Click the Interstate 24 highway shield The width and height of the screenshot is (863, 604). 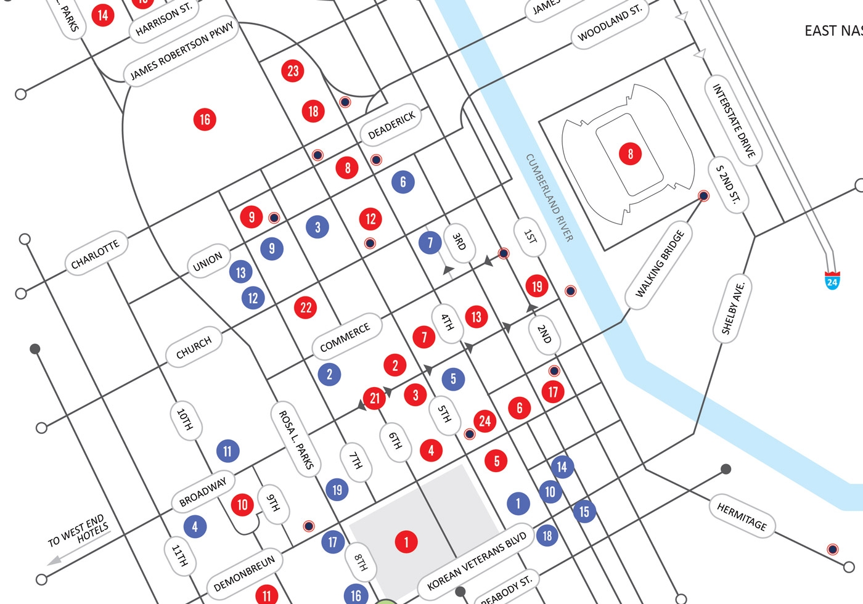pyautogui.click(x=832, y=281)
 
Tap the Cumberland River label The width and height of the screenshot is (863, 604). pyautogui.click(x=549, y=197)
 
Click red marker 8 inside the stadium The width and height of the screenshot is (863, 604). pyautogui.click(x=630, y=153)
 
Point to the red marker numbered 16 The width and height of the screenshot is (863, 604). pyautogui.click(x=205, y=119)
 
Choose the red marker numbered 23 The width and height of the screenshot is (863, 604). pyautogui.click(x=293, y=71)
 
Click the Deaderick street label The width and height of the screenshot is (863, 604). pyautogui.click(x=391, y=125)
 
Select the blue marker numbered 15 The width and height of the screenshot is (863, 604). pyautogui.click(x=584, y=512)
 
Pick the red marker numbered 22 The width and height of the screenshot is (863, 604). pyautogui.click(x=306, y=307)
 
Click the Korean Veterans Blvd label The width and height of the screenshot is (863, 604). pyautogui.click(x=476, y=560)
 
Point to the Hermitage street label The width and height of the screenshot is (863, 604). pyautogui.click(x=742, y=516)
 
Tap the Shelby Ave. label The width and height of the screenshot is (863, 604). pyautogui.click(x=733, y=308)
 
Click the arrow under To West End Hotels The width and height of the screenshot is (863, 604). pyautogui.click(x=54, y=560)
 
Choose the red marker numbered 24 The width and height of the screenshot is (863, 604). pyautogui.click(x=485, y=421)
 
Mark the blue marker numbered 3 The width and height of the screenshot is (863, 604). pyautogui.click(x=317, y=227)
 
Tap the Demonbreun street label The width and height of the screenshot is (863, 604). pyautogui.click(x=245, y=573)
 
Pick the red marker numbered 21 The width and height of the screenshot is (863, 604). pyautogui.click(x=374, y=398)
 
